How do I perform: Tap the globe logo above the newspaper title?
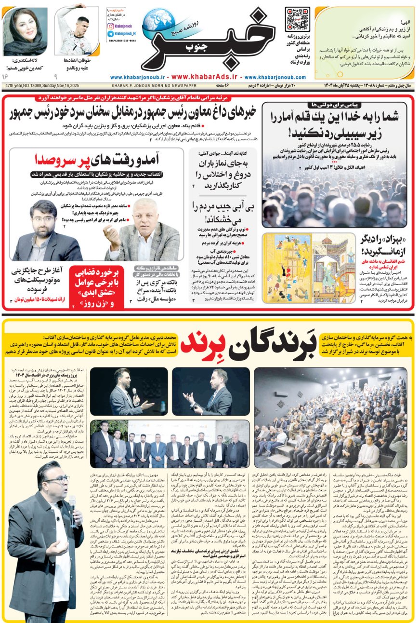pyautogui.click(x=159, y=20)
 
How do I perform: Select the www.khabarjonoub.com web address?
pyautogui.click(x=275, y=77)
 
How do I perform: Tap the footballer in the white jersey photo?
pyautogui.click(x=73, y=31)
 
